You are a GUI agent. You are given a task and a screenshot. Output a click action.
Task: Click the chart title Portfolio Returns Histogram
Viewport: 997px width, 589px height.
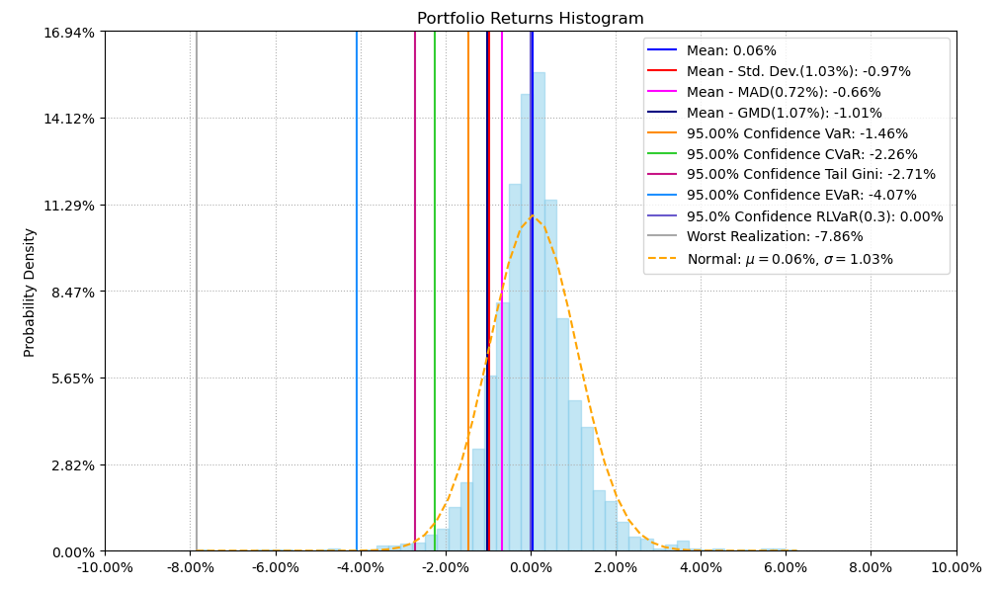point(530,19)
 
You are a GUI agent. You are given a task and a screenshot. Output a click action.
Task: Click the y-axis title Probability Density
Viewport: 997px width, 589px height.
point(30,293)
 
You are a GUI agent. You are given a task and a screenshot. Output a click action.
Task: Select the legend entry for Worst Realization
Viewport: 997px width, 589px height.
point(775,237)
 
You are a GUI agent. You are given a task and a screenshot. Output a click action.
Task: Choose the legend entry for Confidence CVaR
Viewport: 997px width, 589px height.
point(801,154)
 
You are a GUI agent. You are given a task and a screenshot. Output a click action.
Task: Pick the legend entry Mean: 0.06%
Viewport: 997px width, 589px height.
point(731,50)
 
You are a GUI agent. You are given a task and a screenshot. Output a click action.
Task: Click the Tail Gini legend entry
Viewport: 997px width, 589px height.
point(810,175)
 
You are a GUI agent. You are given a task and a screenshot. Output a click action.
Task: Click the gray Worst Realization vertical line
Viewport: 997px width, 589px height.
point(197,296)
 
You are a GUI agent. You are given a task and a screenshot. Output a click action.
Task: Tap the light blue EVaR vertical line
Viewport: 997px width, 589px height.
point(358,296)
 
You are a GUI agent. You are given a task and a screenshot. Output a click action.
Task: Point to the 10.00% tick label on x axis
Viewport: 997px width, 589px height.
point(955,568)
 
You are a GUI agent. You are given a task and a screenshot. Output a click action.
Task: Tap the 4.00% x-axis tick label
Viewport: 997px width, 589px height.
point(701,568)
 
